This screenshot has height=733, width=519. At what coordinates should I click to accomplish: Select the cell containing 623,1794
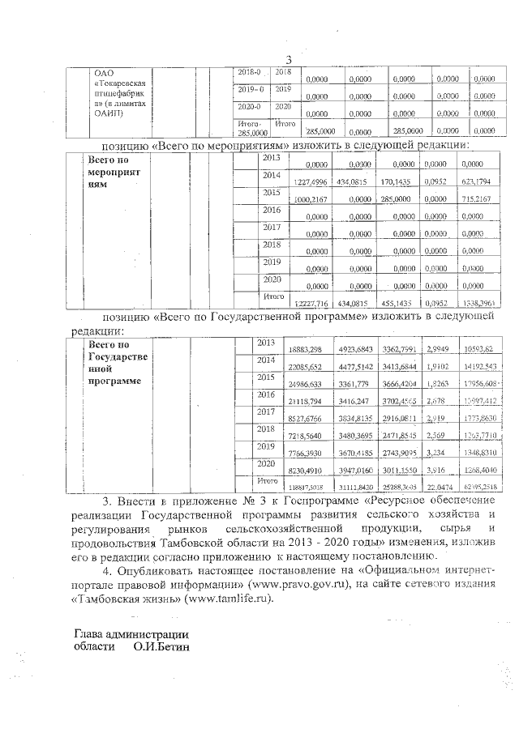pyautogui.click(x=477, y=182)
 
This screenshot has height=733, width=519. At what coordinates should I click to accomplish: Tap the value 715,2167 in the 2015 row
pyautogui.click(x=477, y=199)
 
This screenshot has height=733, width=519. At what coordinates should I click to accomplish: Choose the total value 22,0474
pyautogui.click(x=438, y=484)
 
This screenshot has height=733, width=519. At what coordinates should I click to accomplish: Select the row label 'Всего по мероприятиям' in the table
pyautogui.click(x=114, y=172)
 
